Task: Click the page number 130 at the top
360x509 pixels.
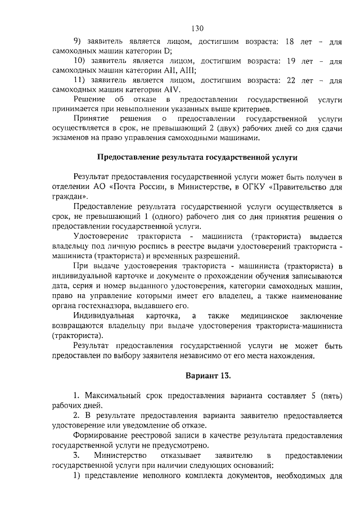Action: click(x=196, y=28)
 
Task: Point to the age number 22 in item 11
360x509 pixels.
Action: click(x=291, y=80)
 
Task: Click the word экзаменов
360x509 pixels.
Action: click(x=71, y=138)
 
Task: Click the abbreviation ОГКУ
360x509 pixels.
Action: click(x=253, y=187)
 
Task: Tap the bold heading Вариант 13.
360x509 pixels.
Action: click(x=208, y=375)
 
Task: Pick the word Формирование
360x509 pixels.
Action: click(x=100, y=435)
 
